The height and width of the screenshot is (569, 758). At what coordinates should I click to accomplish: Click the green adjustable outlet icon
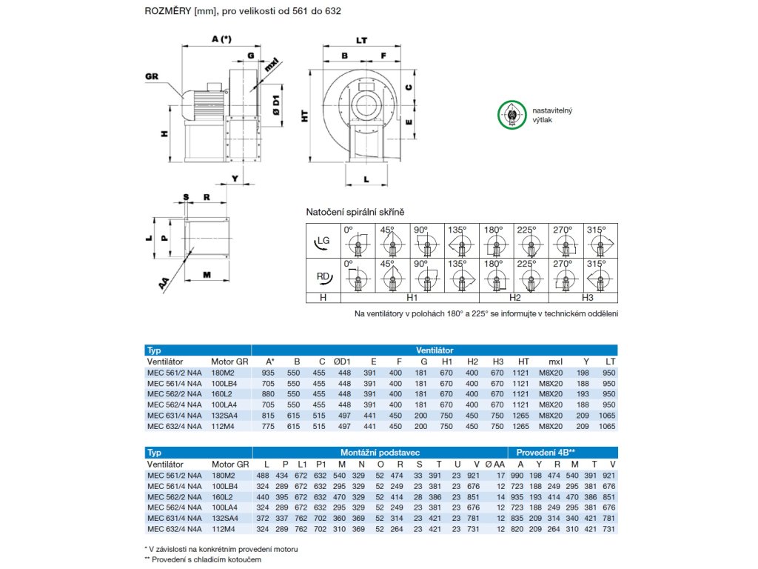(512, 116)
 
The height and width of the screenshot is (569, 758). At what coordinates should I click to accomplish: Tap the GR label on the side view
(152, 76)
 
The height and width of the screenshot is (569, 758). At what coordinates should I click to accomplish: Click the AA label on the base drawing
(164, 283)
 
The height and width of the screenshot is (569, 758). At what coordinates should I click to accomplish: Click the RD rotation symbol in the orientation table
(323, 276)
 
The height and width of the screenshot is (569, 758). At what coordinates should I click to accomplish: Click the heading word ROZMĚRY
(167, 12)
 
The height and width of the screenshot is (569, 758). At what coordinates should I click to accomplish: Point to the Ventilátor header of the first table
(435, 350)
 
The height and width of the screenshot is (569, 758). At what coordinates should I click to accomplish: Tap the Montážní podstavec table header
(380, 452)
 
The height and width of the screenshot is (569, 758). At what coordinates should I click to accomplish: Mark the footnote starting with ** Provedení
(203, 559)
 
